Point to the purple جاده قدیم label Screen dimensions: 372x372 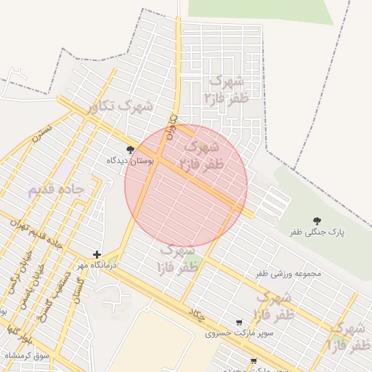coord(56,190)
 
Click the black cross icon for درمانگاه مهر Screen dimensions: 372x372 coord(97,255)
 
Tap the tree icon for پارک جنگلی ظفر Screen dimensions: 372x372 coord(317,220)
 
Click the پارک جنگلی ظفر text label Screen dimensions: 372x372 coord(316,232)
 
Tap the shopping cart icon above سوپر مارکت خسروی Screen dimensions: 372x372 coord(239,323)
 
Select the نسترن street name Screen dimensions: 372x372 coord(41,134)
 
